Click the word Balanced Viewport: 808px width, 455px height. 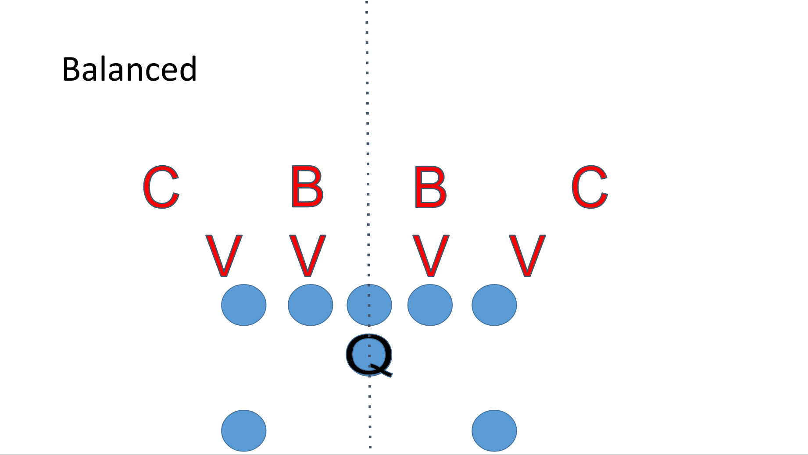click(x=129, y=69)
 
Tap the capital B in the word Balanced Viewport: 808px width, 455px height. click(x=71, y=69)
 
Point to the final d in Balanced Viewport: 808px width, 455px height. click(x=187, y=69)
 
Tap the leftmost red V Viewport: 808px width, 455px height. click(x=224, y=256)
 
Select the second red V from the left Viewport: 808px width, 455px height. click(x=307, y=256)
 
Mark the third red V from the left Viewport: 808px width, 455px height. click(x=431, y=256)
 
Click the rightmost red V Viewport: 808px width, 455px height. click(x=527, y=256)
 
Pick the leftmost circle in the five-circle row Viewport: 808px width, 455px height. click(x=243, y=305)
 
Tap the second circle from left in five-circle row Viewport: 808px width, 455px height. click(x=310, y=305)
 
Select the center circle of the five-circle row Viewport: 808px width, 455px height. click(x=369, y=305)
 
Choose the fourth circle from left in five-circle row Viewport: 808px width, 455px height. click(x=430, y=305)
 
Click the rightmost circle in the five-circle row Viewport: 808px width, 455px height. click(x=494, y=305)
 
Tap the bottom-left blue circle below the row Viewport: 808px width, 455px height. click(x=243, y=430)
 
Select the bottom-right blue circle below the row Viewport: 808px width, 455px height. click(x=494, y=430)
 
